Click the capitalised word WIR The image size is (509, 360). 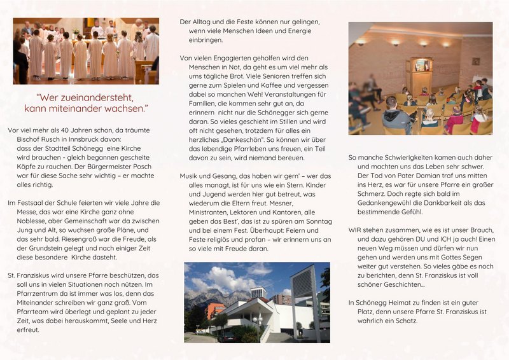pos(356,230)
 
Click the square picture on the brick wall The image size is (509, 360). pos(475,61)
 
